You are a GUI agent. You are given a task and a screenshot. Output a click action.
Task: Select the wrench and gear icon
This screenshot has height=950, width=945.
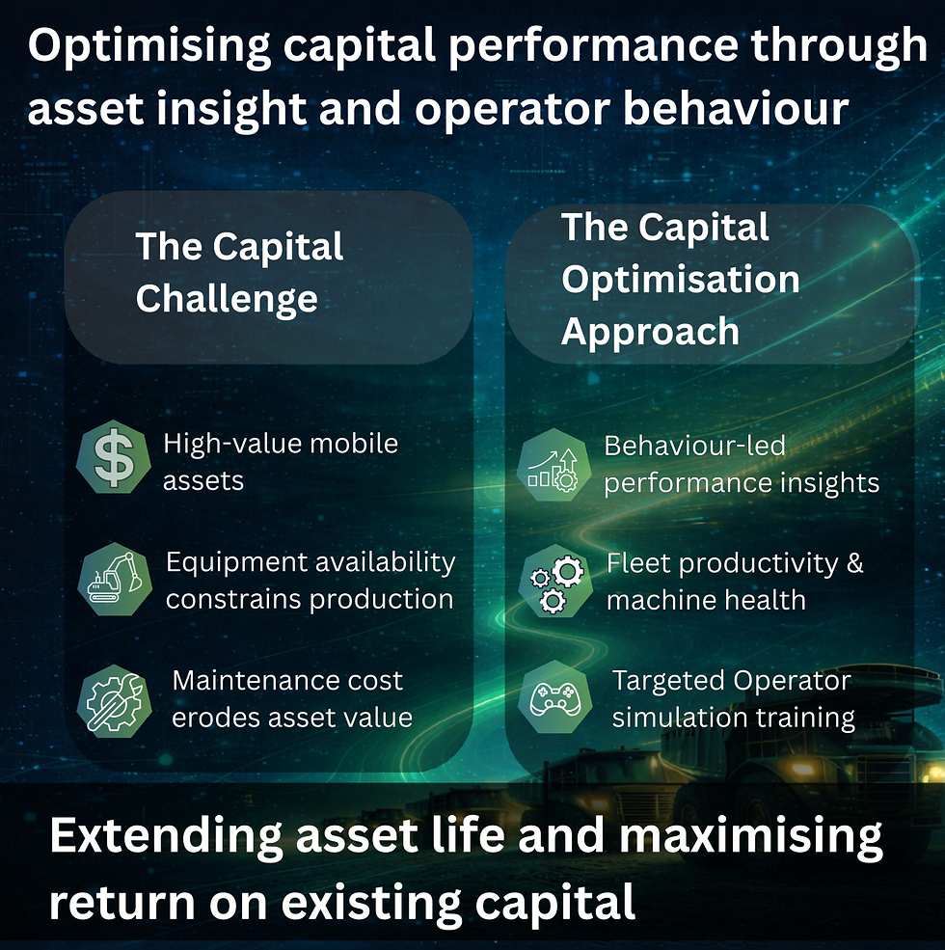[x=114, y=699]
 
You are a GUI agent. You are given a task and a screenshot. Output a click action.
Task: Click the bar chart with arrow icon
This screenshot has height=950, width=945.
[x=553, y=464]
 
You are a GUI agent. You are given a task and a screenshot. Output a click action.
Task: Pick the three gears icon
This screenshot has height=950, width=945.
[x=553, y=583]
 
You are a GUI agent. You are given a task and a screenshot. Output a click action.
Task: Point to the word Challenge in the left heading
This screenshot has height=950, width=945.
[x=227, y=298]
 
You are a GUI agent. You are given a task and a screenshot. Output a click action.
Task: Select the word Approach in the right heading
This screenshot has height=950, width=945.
[x=650, y=331]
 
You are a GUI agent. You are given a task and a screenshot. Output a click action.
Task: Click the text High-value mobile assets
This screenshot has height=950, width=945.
[x=280, y=461]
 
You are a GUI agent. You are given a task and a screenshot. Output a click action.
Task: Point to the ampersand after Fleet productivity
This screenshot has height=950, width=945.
[x=854, y=563]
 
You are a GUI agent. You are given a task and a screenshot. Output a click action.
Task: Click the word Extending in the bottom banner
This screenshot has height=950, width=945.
[x=161, y=836]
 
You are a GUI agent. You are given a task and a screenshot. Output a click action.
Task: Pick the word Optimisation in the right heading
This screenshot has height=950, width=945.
[x=680, y=280]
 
